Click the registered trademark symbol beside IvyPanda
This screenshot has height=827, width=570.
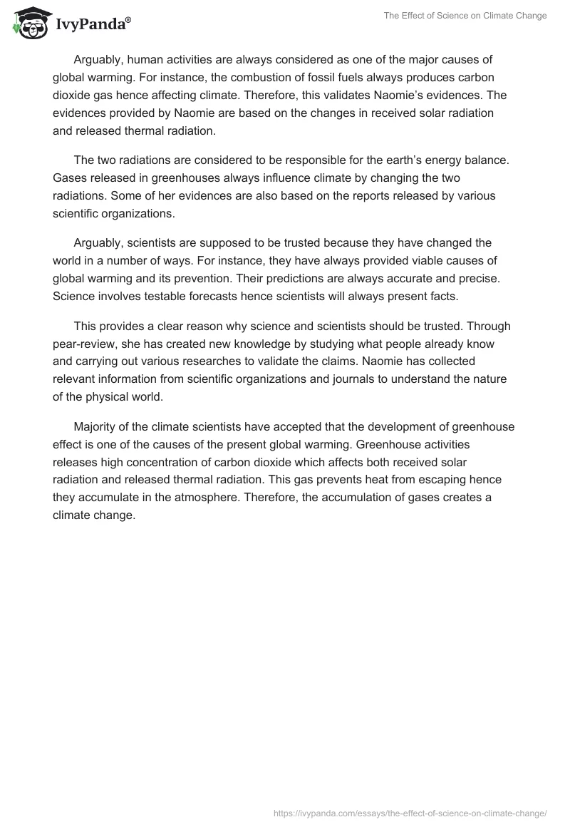coord(128,19)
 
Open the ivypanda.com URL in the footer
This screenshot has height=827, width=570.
coord(410,813)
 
